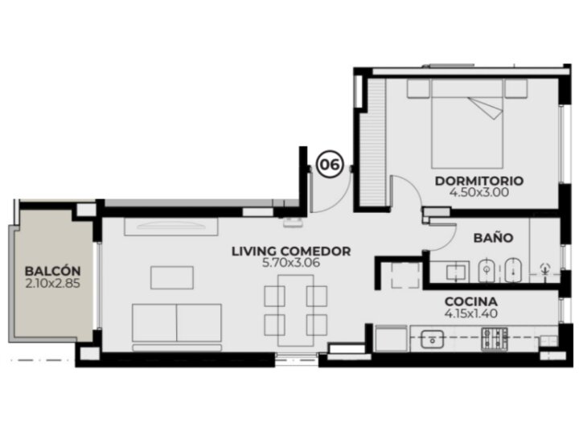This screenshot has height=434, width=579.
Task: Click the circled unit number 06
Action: point(330,164)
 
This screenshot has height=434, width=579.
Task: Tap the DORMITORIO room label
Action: point(479,181)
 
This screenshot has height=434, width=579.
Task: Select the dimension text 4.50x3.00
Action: point(479,192)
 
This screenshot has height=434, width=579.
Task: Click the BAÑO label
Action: point(493,238)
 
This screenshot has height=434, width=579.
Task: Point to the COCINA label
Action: point(471,301)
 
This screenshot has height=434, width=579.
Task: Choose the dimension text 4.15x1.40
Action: point(471,313)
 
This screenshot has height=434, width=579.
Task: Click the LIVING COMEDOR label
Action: point(291,252)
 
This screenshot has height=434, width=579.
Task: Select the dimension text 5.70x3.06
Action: point(291,263)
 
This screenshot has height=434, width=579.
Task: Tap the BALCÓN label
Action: point(52,272)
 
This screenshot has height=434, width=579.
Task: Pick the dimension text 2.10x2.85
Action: point(52,284)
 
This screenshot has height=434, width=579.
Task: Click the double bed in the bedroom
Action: point(467,124)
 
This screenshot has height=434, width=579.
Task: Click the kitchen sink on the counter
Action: point(432,339)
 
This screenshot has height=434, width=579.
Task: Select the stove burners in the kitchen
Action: point(494,339)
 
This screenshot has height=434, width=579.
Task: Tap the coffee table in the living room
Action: point(172,277)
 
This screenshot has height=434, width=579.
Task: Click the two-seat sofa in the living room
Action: point(177,323)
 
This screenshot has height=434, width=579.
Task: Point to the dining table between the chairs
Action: point(296,310)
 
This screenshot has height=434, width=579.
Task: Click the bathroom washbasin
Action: point(458,272)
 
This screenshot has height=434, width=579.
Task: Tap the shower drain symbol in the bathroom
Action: point(544,268)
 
